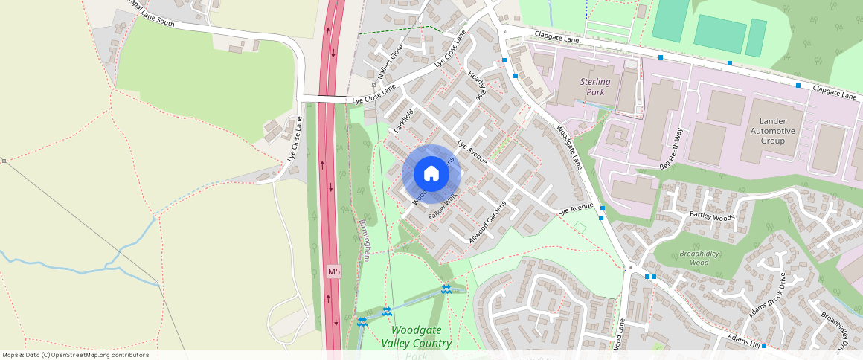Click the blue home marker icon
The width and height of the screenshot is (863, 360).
[x=431, y=174]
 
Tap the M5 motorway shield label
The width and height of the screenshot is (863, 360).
[x=334, y=272]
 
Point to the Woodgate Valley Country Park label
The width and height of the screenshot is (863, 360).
[x=416, y=337]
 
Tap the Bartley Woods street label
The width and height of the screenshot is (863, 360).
[x=712, y=216]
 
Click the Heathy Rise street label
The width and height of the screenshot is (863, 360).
[x=476, y=86]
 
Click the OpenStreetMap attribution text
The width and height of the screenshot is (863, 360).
[x=75, y=355]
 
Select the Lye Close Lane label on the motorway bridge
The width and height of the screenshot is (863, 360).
[x=374, y=97]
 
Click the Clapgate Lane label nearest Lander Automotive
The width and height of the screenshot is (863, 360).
[x=835, y=91]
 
